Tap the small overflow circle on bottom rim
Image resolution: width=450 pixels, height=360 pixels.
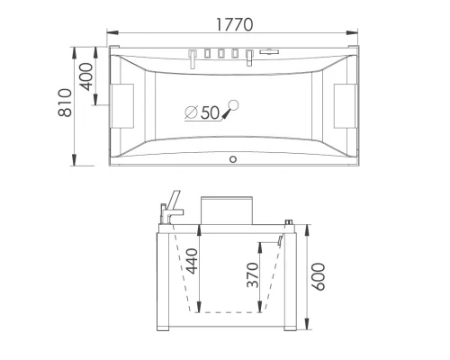click(234, 160)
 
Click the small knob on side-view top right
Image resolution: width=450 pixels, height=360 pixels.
click(290, 221)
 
